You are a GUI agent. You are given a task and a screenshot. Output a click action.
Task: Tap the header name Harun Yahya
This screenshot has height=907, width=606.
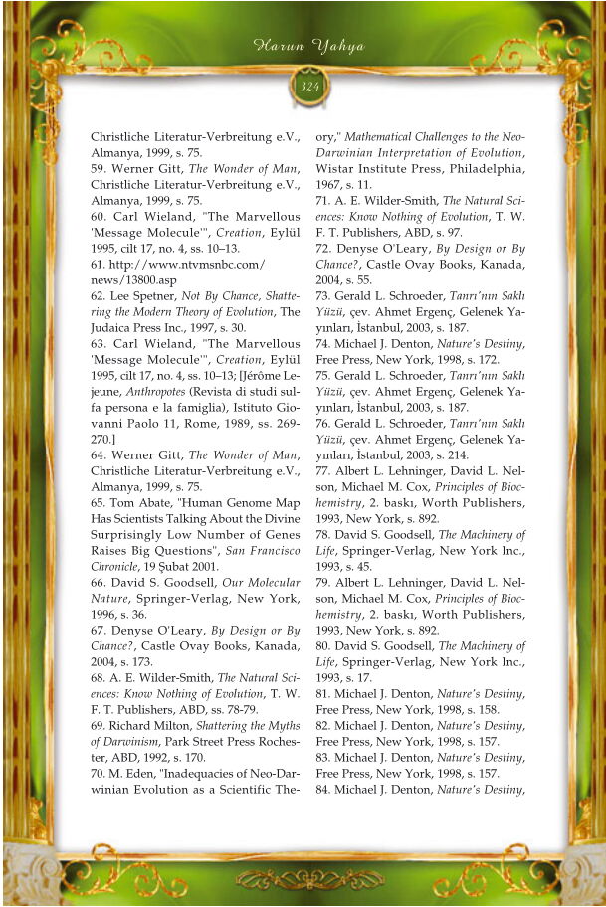[308, 46]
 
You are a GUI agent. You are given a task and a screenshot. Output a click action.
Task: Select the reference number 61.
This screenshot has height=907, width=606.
[99, 264]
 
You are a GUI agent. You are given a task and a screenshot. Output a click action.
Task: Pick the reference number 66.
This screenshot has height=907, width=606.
[99, 582]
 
